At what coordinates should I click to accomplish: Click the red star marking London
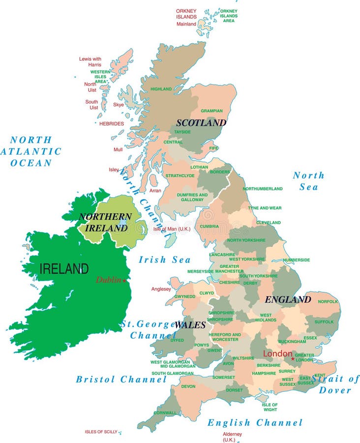coord(293,358)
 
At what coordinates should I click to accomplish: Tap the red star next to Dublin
coord(124,281)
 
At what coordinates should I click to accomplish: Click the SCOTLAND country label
coord(201,123)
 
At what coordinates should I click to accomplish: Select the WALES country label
coord(190,325)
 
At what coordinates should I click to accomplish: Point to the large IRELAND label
coord(64,269)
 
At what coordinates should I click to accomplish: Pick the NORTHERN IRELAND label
coord(105,222)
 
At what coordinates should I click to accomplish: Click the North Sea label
coord(309,181)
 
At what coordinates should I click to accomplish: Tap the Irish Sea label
coord(164,259)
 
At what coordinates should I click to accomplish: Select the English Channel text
coord(255,422)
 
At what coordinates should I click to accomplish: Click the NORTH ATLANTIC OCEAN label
coord(31,151)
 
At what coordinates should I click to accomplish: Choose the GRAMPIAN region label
coord(211,111)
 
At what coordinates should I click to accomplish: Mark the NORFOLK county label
coord(328,301)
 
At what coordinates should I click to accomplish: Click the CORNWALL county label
coord(165,413)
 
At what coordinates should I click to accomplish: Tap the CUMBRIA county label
coord(209,226)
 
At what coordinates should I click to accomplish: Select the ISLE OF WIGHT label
coord(270,407)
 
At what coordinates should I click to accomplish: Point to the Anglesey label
coord(161,289)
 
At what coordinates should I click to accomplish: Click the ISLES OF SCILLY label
coord(101,432)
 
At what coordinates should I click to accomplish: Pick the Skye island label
coord(119,104)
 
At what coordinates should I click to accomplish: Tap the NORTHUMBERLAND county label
coord(263,189)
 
